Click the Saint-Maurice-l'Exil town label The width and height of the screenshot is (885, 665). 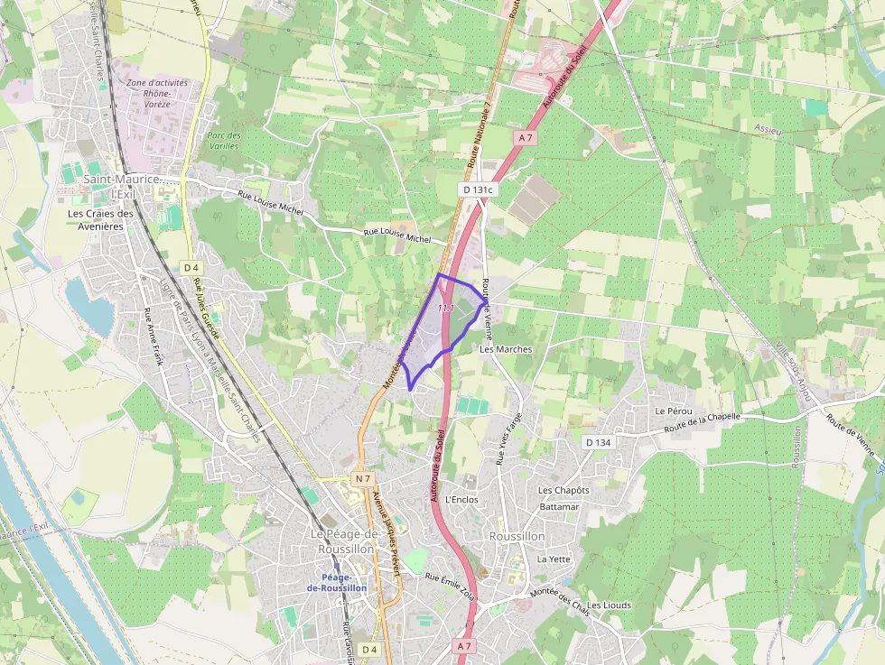[x=121, y=187]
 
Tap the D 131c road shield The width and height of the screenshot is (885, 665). [x=478, y=189]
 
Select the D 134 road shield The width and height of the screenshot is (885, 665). [x=598, y=442]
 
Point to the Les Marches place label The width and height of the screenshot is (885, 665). [x=506, y=348]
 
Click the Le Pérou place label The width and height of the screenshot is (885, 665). [x=673, y=411]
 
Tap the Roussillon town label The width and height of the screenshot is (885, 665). [x=517, y=536]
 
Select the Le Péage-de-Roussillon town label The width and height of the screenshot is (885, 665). [x=342, y=541]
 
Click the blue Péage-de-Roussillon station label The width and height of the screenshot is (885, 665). [x=337, y=582]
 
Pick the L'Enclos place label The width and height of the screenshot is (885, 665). [x=461, y=499]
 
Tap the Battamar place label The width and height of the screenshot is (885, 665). [x=558, y=507]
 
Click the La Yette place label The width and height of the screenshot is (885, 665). [x=554, y=559]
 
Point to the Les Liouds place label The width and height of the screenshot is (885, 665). [x=610, y=605]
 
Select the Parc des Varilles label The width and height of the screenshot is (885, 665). [x=223, y=140]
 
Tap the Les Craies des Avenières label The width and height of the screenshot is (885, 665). [x=100, y=220]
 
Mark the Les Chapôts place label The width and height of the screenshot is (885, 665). [x=564, y=490]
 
